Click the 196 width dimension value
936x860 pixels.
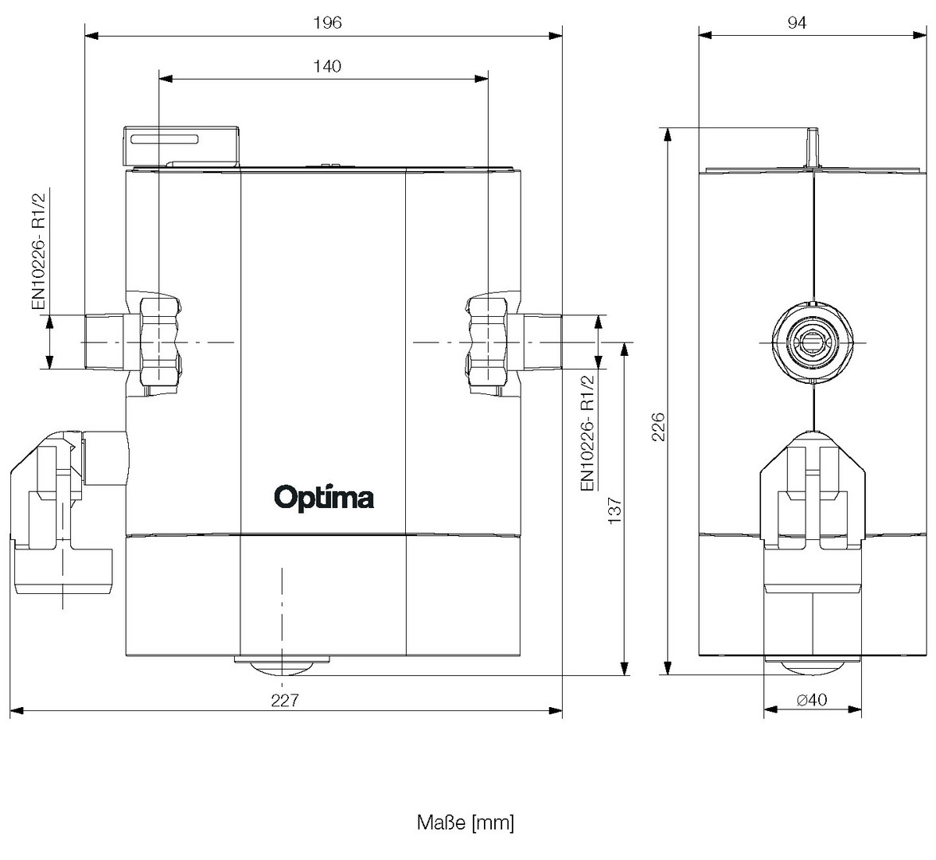click(x=327, y=23)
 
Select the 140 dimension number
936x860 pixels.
click(x=327, y=66)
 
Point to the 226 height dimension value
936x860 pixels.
click(x=657, y=427)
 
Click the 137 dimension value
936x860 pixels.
click(x=614, y=510)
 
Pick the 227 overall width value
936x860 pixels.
click(x=284, y=700)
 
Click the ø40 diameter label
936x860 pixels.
click(x=812, y=700)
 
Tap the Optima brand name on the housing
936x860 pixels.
click(x=324, y=498)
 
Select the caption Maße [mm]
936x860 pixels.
click(x=466, y=822)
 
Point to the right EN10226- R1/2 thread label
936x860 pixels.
click(x=587, y=434)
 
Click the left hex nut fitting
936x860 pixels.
click(x=161, y=342)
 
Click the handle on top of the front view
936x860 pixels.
click(x=181, y=143)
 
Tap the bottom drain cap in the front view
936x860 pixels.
click(x=281, y=663)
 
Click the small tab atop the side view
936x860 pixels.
click(x=813, y=147)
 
